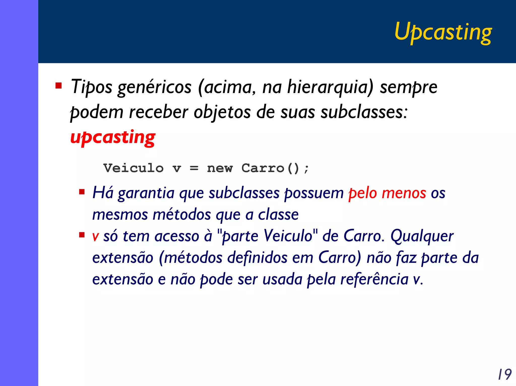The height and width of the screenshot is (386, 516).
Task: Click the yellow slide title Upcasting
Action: pos(443,32)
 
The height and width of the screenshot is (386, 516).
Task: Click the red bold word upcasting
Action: pos(113,137)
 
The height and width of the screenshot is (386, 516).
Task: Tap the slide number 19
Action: pos(504,374)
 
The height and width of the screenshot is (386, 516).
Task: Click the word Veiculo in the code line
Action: pos(134,168)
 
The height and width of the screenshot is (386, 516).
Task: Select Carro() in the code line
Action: pos(270,168)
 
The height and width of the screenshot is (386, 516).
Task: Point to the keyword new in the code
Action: pos(220,168)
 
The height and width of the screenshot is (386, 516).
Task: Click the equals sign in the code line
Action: pos(194,168)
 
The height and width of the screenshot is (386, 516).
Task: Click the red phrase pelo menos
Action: pos(387,193)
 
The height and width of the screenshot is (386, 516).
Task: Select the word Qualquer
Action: pos(422,236)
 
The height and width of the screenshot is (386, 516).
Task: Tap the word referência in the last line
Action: pos(374,279)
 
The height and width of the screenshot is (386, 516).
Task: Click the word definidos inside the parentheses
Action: pos(257,258)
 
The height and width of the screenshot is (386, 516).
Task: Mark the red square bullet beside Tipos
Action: pos(59,86)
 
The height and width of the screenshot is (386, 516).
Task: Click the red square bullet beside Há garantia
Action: pos(82,192)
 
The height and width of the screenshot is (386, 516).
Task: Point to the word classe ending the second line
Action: pos(278,215)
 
